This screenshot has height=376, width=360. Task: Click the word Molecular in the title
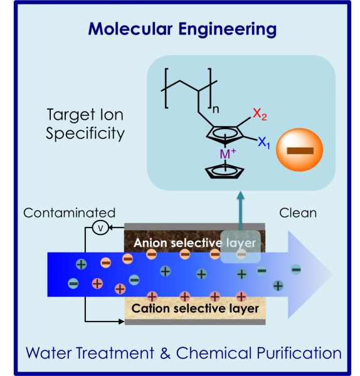pyautogui.click(x=130, y=29)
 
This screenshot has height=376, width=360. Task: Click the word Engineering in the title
pyautogui.click(x=228, y=29)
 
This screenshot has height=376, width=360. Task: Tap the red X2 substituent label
pyautogui.click(x=260, y=114)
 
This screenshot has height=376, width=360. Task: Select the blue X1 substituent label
pyautogui.click(x=264, y=143)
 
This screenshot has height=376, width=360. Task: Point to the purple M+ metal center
pyautogui.click(x=228, y=154)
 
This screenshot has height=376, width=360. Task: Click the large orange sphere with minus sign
pyautogui.click(x=300, y=150)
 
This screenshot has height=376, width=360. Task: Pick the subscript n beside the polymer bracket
pyautogui.click(x=216, y=109)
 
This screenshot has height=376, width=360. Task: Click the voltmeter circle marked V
pyautogui.click(x=100, y=228)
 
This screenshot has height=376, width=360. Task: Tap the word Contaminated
pyautogui.click(x=70, y=213)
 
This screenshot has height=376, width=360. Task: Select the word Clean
pyautogui.click(x=298, y=213)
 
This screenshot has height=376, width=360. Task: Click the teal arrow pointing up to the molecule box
pyautogui.click(x=240, y=211)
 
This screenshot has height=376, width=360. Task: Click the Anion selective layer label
pyautogui.click(x=194, y=243)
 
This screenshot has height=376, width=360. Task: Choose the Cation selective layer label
pyautogui.click(x=195, y=308)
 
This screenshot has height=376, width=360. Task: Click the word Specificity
pyautogui.click(x=85, y=133)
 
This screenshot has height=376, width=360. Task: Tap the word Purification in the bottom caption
pyautogui.click(x=299, y=353)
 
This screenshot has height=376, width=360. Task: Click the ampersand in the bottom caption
pyautogui.click(x=166, y=353)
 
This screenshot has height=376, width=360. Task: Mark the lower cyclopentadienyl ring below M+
pyautogui.click(x=225, y=172)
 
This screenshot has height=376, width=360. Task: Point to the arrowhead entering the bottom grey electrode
pyautogui.click(x=122, y=321)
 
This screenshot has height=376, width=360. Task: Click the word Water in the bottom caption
pyautogui.click(x=49, y=353)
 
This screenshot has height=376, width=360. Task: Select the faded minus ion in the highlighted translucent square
pyautogui.click(x=241, y=254)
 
